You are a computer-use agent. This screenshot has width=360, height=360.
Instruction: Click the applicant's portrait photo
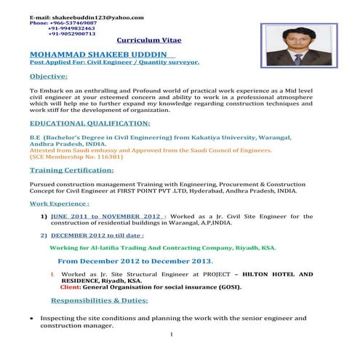point(295,47)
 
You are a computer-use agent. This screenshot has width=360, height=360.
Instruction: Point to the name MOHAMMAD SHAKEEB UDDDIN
point(102,55)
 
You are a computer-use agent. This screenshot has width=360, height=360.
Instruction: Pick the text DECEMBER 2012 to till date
point(97,235)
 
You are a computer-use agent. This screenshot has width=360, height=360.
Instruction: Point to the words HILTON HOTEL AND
point(276,274)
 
